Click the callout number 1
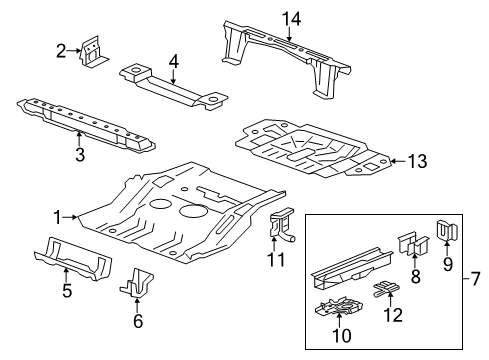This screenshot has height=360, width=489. pyautogui.click(x=58, y=215)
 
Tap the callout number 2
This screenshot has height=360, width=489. pyautogui.click(x=61, y=50)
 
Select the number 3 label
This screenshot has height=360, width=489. pyautogui.click(x=80, y=154)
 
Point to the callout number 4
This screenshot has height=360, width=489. pyautogui.click(x=173, y=61)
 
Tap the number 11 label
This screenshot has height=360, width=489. pyautogui.click(x=278, y=260)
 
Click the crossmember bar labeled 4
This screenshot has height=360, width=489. pyautogui.click(x=170, y=83)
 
